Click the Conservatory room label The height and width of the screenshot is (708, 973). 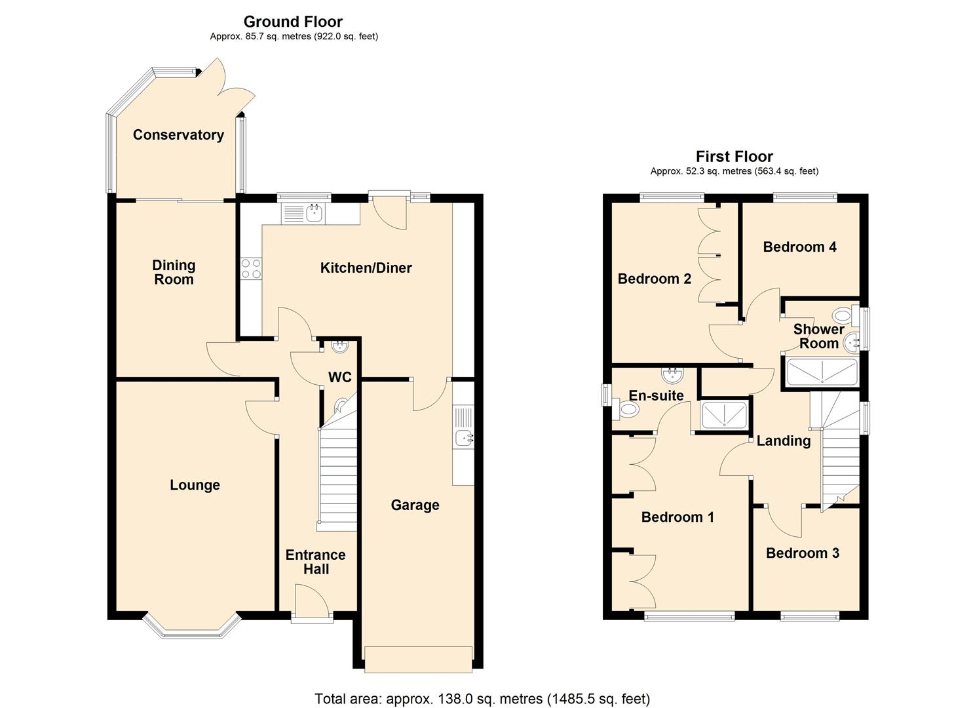[178, 135]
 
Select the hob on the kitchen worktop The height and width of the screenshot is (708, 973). [251, 268]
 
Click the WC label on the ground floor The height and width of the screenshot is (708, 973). [340, 377]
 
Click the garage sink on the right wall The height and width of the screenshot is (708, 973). [464, 437]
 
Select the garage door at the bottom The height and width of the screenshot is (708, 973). [418, 659]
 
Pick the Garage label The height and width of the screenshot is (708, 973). [415, 505]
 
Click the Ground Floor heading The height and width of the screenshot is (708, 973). [293, 22]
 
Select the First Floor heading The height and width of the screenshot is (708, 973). [734, 156]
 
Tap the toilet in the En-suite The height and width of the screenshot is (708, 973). [628, 410]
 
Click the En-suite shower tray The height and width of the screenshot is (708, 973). [723, 415]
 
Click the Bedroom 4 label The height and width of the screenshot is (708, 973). [799, 246]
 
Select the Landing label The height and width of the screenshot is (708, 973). [783, 441]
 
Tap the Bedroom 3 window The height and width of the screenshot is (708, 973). [810, 616]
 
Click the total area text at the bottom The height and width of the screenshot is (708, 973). [482, 699]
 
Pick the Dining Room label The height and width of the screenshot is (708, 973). [174, 272]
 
